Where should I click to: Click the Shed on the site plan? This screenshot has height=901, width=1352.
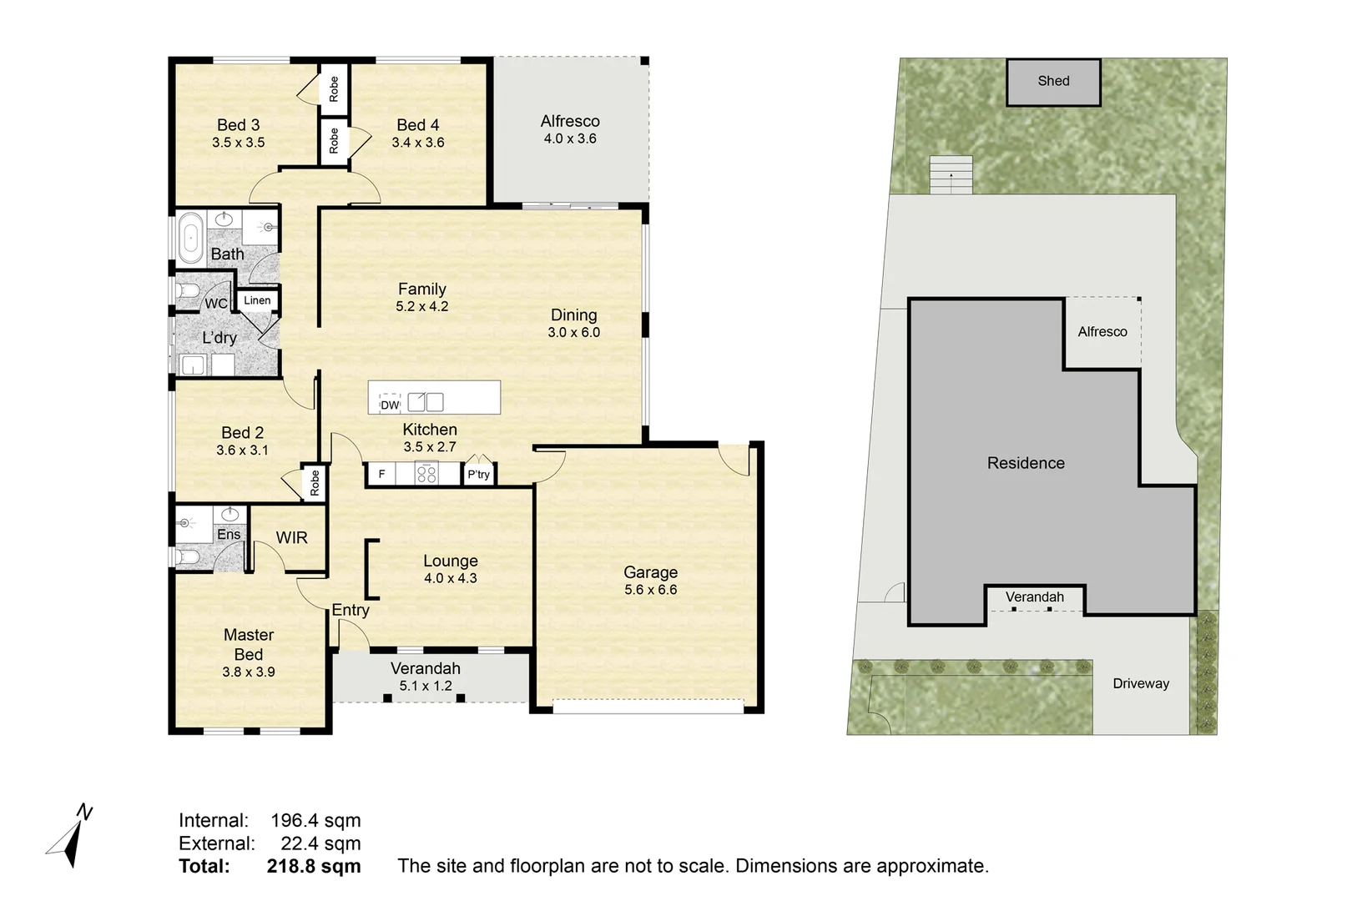(x=1053, y=82)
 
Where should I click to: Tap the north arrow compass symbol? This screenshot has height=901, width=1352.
(x=69, y=836)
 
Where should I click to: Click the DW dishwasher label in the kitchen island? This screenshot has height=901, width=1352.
(x=390, y=405)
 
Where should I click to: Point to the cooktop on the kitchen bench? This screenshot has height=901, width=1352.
(x=426, y=473)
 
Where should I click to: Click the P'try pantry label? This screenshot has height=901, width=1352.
(x=479, y=475)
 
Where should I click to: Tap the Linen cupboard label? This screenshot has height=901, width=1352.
(x=257, y=300)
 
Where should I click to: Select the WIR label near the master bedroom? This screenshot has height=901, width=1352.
(x=291, y=537)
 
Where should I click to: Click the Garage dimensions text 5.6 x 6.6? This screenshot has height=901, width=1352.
(x=651, y=590)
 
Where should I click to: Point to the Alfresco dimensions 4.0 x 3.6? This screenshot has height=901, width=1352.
(x=570, y=138)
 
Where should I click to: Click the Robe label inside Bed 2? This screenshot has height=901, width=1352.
(x=315, y=483)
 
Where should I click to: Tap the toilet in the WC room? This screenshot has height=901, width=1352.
(x=188, y=291)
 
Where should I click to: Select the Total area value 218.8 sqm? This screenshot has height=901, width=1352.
(x=314, y=866)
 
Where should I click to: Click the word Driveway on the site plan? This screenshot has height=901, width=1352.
(x=1141, y=684)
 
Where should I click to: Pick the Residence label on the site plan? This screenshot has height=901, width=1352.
(x=1026, y=463)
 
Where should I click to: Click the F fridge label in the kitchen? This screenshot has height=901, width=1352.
(x=381, y=474)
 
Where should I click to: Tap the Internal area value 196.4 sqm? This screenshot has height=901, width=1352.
(x=315, y=821)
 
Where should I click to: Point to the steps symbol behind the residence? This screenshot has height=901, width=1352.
(x=951, y=174)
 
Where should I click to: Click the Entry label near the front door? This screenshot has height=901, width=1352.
(x=351, y=610)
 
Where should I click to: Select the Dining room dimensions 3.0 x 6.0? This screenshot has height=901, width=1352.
(x=574, y=333)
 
